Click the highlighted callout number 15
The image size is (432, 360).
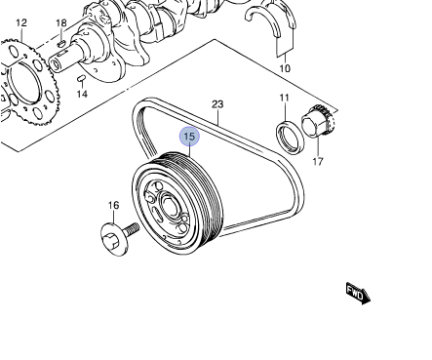click(189, 137)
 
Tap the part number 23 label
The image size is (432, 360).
click(217, 104)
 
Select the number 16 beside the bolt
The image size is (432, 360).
click(113, 205)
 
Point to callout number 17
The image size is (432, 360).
click(318, 161)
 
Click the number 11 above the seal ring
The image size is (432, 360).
click(284, 98)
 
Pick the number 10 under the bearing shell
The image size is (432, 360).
click(285, 68)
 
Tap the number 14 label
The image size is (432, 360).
click(82, 94)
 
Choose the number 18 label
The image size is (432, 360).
click(61, 23)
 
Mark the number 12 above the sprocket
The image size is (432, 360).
click(21, 22)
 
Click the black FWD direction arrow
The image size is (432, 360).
click(358, 293)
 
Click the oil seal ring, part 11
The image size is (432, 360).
click(291, 137)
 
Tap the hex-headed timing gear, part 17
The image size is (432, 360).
click(319, 121)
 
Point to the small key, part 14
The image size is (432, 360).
click(81, 78)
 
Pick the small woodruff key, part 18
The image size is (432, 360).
click(61, 43)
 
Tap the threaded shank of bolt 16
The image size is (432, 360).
click(131, 229)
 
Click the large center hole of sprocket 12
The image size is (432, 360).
click(25, 82)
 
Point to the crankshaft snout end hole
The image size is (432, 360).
click(57, 64)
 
